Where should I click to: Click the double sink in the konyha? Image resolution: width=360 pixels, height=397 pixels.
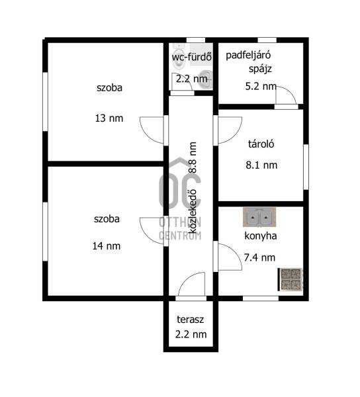[x=259, y=217]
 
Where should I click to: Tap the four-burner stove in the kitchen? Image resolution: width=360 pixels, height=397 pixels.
[x=291, y=279]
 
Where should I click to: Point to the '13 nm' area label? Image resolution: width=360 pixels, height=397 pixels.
[x=109, y=118]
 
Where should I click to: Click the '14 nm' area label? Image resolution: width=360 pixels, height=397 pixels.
[x=107, y=246]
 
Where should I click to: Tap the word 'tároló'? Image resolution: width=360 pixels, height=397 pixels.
[x=261, y=144]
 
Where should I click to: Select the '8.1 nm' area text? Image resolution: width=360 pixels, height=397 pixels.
[x=261, y=165]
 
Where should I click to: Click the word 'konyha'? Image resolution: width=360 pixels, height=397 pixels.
[x=261, y=236]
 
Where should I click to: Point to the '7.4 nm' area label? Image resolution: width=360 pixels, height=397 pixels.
[x=259, y=257]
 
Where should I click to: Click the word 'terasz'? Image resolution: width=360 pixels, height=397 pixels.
[x=191, y=320]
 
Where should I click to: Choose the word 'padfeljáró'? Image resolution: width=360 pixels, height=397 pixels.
[x=248, y=55]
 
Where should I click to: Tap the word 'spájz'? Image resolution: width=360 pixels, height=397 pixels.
[x=260, y=69]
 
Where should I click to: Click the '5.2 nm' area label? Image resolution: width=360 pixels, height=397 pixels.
[x=261, y=86]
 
